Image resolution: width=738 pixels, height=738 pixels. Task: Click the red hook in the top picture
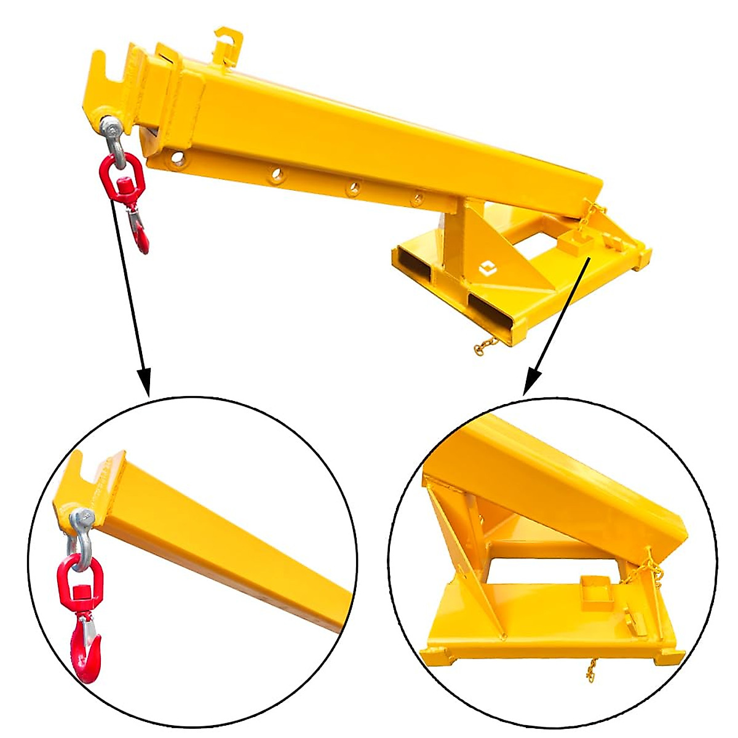tap(141, 236)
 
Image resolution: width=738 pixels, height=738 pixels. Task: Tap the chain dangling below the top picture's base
tap(485, 344)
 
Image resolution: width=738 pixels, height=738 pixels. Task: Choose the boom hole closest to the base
tap(418, 198)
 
